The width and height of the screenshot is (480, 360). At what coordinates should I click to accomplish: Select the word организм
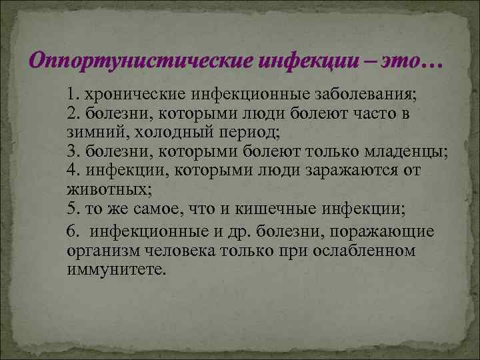[x=101, y=251]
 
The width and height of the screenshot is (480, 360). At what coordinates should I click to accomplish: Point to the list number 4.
[x=71, y=170]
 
